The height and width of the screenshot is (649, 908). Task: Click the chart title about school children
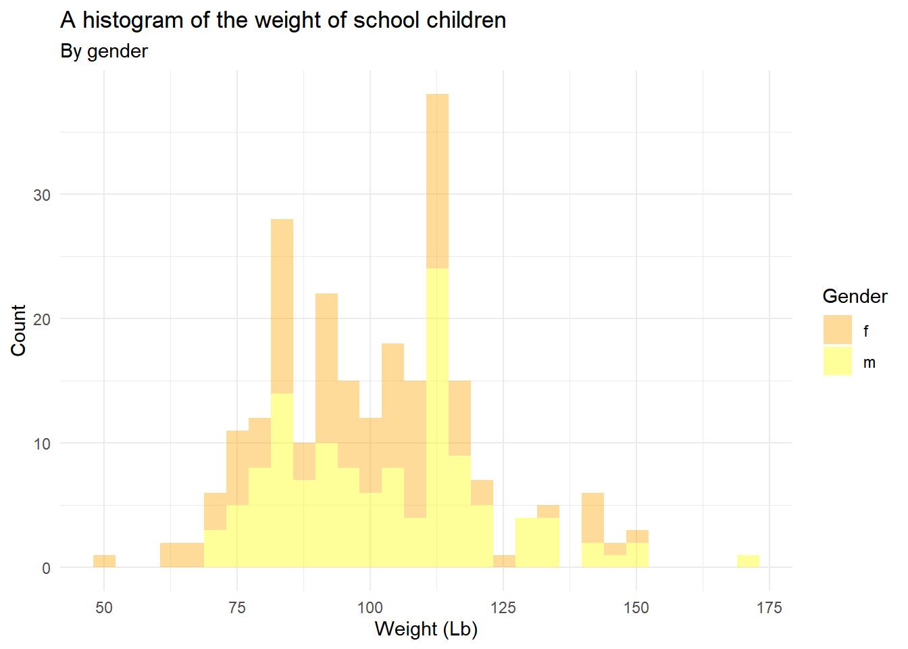pos(283,20)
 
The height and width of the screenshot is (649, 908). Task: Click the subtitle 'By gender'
pos(104,51)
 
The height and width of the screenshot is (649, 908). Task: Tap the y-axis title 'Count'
pos(18,330)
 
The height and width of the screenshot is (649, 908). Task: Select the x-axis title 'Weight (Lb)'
pos(426,629)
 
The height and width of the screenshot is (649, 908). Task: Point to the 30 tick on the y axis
pos(42,195)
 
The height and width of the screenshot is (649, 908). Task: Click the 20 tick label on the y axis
pos(42,320)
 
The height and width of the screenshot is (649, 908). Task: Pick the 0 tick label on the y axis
pos(46,569)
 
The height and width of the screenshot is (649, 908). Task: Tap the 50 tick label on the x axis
pos(104,608)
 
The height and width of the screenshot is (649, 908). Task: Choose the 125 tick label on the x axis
pos(503,608)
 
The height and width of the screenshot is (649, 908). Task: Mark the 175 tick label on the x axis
pos(769,608)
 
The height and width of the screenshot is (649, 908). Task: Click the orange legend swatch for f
pos(838,330)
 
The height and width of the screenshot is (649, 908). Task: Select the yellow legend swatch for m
pos(838,361)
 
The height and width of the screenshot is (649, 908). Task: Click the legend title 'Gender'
pos(855,296)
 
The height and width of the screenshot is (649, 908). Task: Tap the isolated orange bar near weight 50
pos(104,561)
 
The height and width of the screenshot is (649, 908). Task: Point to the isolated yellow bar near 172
pos(748,561)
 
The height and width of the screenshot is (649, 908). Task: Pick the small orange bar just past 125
pos(504,561)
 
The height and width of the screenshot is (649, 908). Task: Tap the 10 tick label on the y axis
pos(42,444)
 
